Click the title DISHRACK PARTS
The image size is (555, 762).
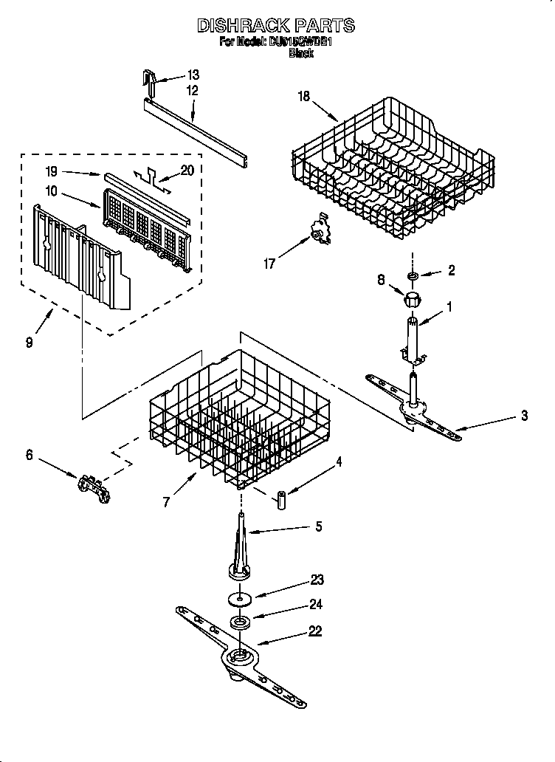click(x=276, y=26)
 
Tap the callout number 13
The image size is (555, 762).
click(x=193, y=75)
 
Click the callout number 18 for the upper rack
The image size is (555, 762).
click(x=303, y=95)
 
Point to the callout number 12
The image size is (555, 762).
click(x=193, y=91)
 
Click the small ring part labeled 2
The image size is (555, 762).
click(x=411, y=275)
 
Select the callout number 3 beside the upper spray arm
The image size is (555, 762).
click(x=524, y=416)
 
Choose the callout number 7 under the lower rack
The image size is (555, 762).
click(x=167, y=502)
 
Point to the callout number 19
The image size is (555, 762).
click(x=51, y=171)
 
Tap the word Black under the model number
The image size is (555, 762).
click(x=301, y=53)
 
